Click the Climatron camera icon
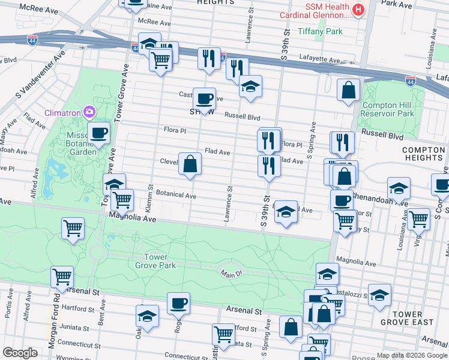click(x=89, y=112)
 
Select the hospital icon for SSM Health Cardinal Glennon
click(x=358, y=10)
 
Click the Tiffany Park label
click(x=321, y=31)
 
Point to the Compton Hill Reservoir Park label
click(x=388, y=109)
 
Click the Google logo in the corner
click(x=20, y=352)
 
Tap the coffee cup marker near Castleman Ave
click(x=204, y=98)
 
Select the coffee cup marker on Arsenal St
click(x=178, y=303)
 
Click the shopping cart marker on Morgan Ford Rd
click(x=62, y=277)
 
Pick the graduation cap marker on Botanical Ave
click(x=286, y=212)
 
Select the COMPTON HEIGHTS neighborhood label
click(x=423, y=154)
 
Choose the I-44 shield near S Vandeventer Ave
click(x=34, y=41)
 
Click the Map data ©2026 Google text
click(x=412, y=355)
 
